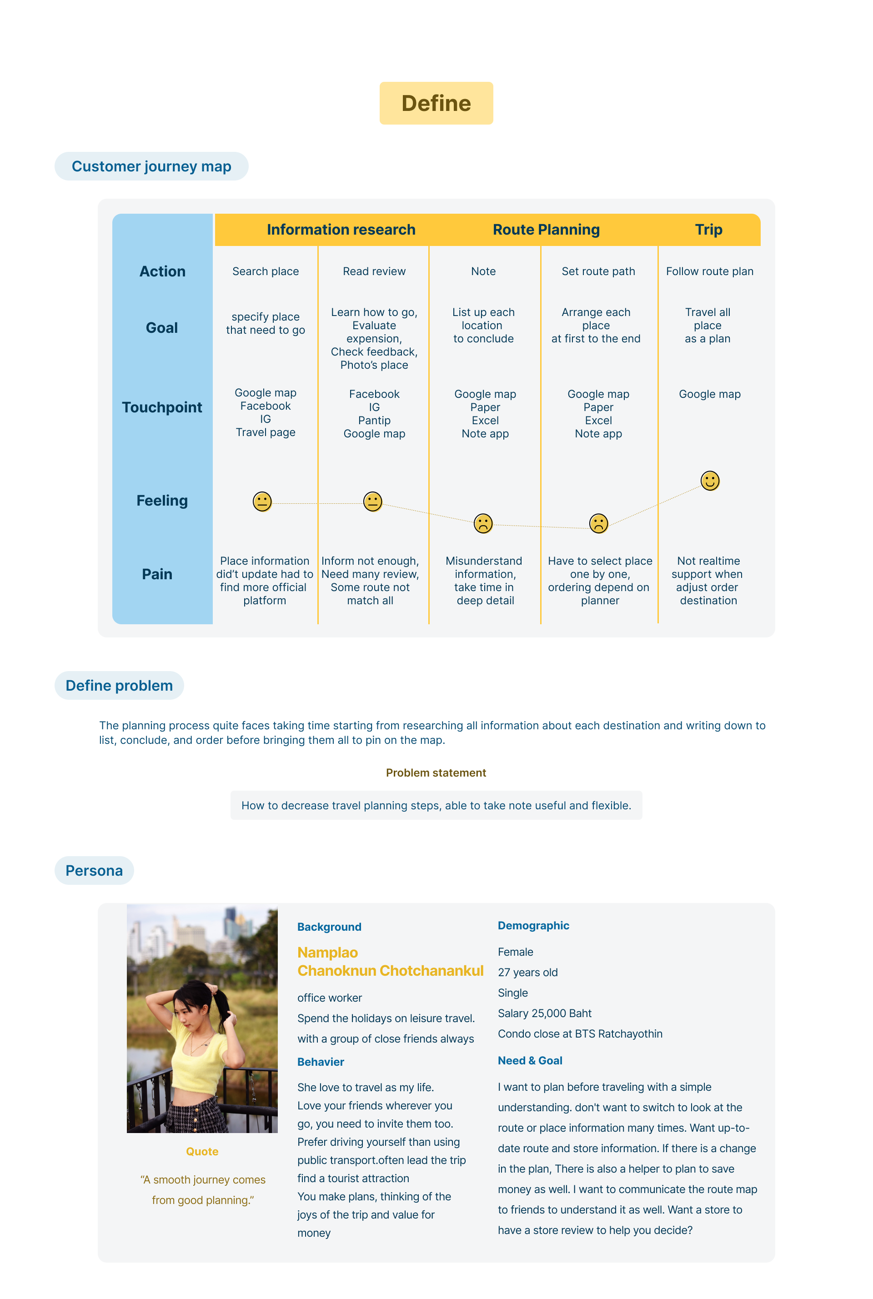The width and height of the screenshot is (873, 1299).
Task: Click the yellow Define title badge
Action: [436, 104]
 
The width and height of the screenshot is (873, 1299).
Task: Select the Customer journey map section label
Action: [151, 166]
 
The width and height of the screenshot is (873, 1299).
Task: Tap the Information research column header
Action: [341, 230]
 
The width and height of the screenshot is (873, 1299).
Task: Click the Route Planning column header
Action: [546, 230]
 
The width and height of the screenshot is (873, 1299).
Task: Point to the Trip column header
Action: [708, 230]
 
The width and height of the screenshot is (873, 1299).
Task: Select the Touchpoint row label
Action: [162, 407]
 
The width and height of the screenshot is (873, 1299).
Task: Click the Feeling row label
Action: [162, 501]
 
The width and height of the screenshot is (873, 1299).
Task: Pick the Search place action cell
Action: [266, 271]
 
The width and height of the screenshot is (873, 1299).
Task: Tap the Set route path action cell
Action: [598, 271]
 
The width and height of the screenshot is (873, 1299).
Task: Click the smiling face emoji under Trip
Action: [710, 481]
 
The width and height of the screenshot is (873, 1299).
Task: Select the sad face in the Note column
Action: [483, 523]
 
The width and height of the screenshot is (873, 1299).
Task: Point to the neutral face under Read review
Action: [372, 502]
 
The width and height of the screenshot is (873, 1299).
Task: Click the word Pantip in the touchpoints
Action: [374, 421]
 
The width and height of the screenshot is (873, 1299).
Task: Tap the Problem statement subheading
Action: [436, 773]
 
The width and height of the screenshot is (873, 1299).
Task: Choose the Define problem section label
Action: [119, 685]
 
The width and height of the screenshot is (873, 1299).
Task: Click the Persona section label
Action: [94, 870]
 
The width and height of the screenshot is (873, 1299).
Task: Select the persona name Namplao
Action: [327, 953]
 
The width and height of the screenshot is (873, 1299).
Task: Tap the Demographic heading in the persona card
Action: [533, 925]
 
